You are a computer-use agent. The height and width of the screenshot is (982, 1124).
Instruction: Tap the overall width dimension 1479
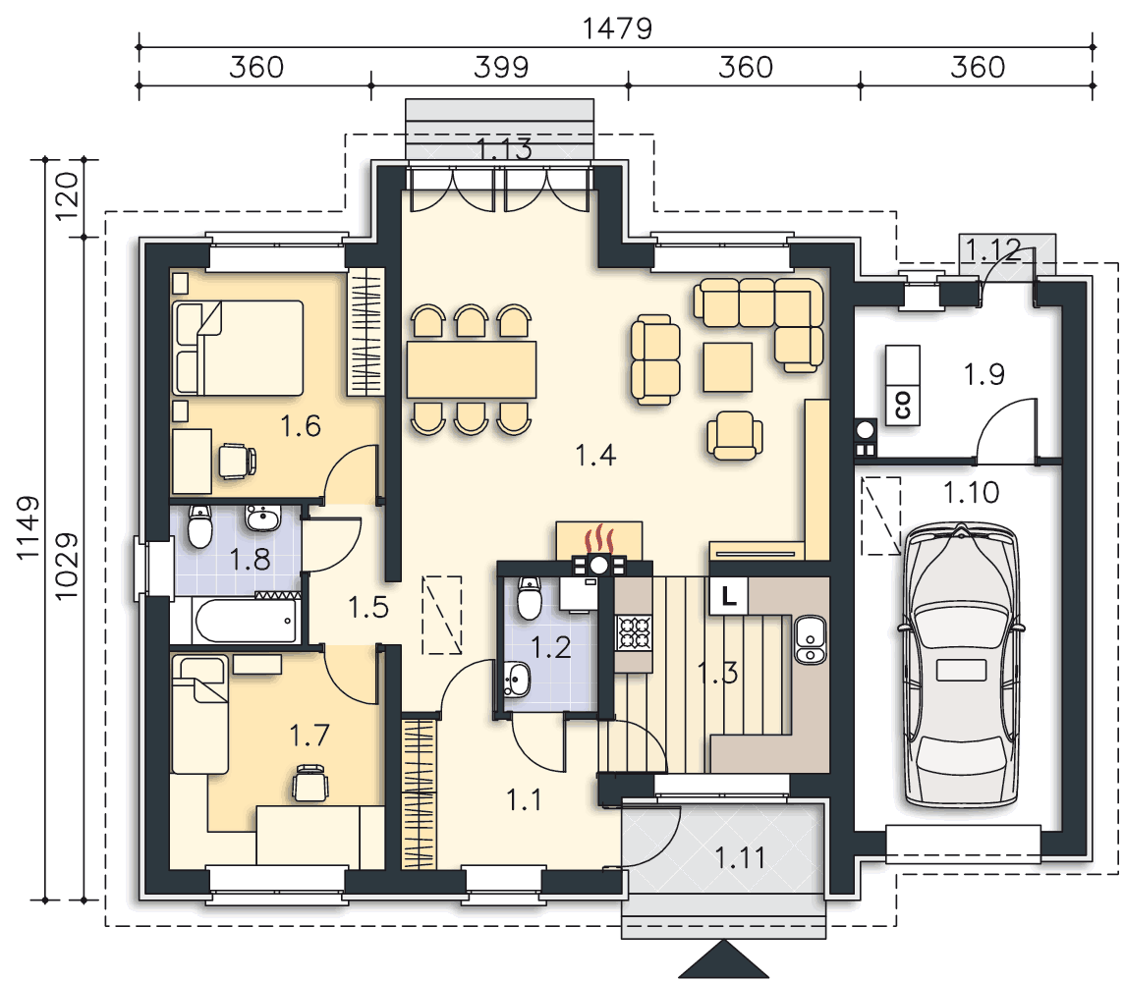click(x=617, y=28)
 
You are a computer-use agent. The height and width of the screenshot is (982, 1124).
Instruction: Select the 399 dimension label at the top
click(x=501, y=68)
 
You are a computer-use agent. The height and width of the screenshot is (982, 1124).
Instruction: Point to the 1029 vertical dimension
click(x=66, y=567)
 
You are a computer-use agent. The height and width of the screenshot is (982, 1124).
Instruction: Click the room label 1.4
click(x=595, y=455)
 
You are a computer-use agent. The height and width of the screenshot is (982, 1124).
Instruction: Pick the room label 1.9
click(x=983, y=374)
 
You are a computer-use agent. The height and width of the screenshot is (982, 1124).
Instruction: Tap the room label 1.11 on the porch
click(x=740, y=857)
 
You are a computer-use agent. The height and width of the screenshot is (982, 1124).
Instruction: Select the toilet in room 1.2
click(x=529, y=597)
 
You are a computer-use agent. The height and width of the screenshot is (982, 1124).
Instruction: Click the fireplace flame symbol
click(x=599, y=540)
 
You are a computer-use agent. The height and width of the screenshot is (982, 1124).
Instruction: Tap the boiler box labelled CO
click(x=903, y=385)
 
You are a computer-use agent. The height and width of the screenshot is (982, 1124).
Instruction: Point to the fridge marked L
click(x=728, y=596)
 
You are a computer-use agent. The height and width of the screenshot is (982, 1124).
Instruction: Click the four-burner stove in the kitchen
click(x=634, y=632)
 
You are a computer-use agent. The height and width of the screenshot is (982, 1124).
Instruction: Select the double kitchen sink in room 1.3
click(x=811, y=639)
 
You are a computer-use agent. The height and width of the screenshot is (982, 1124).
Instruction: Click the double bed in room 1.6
click(x=238, y=348)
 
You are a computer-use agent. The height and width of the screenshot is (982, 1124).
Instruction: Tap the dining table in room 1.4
click(x=472, y=369)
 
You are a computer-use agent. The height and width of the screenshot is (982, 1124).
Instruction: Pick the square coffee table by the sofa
click(x=728, y=366)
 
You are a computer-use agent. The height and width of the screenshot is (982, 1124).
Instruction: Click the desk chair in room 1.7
click(x=311, y=782)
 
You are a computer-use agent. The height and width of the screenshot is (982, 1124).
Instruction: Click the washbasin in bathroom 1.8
click(x=263, y=518)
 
